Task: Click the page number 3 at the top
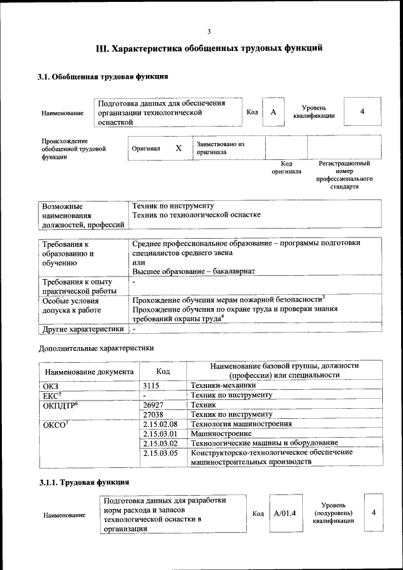(x=208, y=31)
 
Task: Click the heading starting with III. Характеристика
(x=209, y=48)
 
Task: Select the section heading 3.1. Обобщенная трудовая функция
(x=103, y=77)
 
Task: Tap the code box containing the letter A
(x=273, y=112)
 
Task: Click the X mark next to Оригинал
(x=178, y=149)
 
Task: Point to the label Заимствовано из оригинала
(x=220, y=148)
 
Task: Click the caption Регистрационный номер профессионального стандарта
(x=344, y=175)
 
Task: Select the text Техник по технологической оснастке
(x=196, y=215)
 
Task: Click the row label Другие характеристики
(x=82, y=329)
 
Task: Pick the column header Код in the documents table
(x=163, y=372)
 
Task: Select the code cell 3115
(x=152, y=385)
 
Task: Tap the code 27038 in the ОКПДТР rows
(x=154, y=414)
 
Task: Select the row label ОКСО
(x=57, y=425)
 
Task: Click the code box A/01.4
(x=285, y=513)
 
